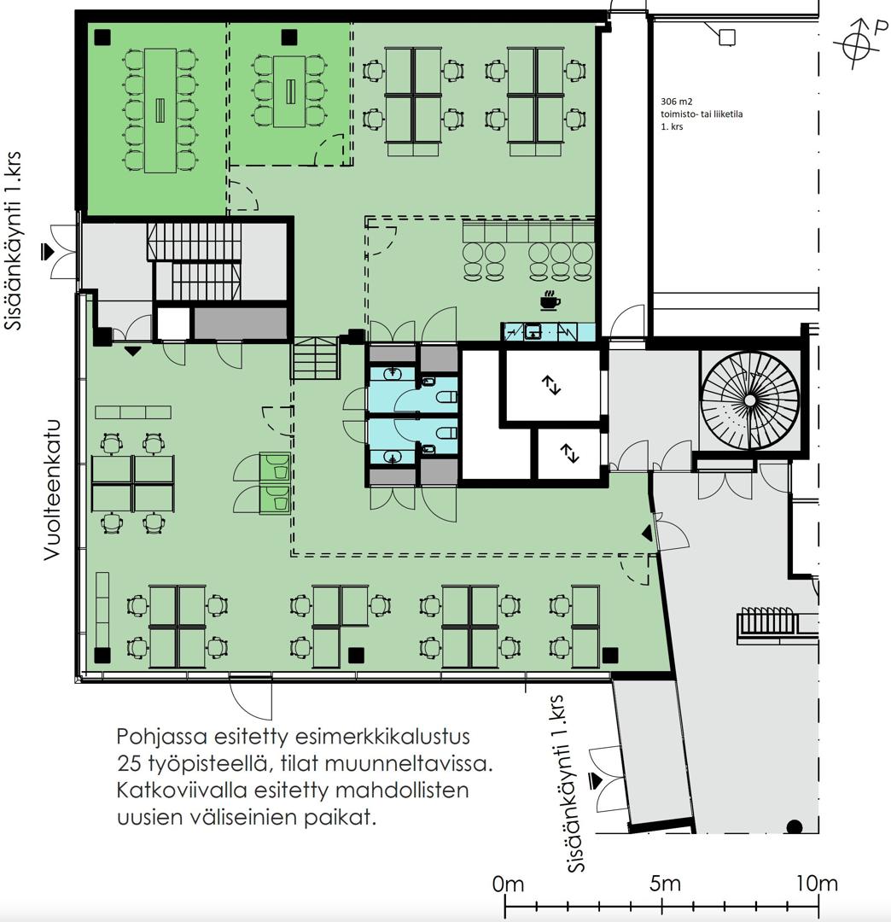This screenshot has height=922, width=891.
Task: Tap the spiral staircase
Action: pos(749,400)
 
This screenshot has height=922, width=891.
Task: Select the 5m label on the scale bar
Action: pos(666,884)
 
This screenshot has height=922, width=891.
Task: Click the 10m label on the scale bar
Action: pos(817,884)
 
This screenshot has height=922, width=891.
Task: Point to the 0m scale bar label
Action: pos(509,884)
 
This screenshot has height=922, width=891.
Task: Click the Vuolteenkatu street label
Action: pos(52,489)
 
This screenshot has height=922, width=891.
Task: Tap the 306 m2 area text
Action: pos(677,102)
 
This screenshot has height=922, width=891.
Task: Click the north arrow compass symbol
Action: pos(857,44)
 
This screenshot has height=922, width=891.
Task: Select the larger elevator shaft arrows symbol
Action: pos(551,385)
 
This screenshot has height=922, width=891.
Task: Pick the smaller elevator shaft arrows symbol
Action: pos(569,453)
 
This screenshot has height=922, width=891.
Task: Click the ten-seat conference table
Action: pos(160,110)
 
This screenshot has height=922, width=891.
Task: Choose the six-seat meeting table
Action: pos(290,91)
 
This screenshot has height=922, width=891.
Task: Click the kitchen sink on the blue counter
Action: pos(533,331)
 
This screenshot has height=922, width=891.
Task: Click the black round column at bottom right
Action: pos(794,826)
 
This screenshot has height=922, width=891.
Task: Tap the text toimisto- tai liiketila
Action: pos(702,114)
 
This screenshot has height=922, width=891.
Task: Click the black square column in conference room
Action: pos(102,37)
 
